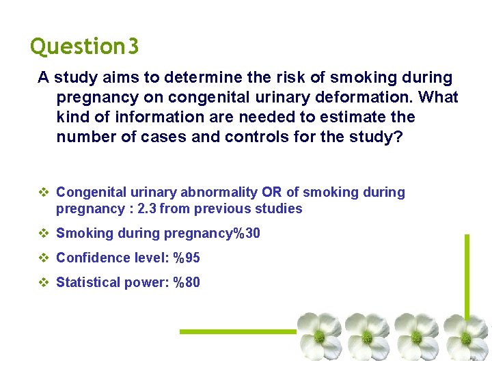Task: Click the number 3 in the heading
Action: [x=133, y=46]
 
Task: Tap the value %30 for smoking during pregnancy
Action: [x=246, y=234]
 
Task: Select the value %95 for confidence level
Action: [x=186, y=258]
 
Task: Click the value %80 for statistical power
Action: [x=186, y=282]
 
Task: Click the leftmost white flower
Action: [x=318, y=336]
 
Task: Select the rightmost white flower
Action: [x=465, y=337]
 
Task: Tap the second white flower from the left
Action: [x=367, y=336]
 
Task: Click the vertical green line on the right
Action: [x=467, y=280]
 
